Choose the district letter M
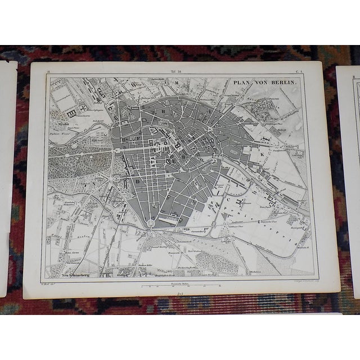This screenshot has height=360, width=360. (175, 83)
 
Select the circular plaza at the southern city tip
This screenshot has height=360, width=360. (151, 224)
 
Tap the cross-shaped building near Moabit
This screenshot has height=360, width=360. (84, 107)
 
